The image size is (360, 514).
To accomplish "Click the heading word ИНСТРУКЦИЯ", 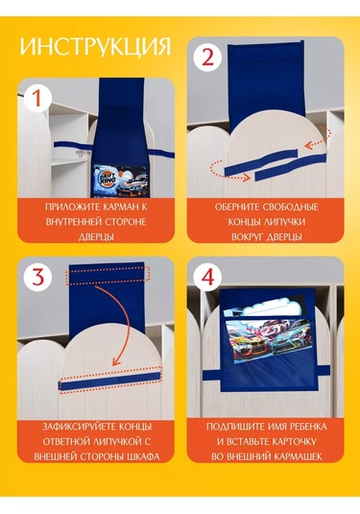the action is [x=95, y=46].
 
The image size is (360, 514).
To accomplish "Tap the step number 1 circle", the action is [x=37, y=98].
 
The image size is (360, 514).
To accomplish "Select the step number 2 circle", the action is [x=208, y=58].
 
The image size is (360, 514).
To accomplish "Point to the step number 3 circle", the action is [x=38, y=278].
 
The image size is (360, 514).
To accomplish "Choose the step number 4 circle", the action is [x=208, y=277].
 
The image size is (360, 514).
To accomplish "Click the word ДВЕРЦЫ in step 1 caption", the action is [x=96, y=237].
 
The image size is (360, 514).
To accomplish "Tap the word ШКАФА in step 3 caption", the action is [x=144, y=456].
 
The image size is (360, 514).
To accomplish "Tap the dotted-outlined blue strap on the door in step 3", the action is [x=110, y=381].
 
